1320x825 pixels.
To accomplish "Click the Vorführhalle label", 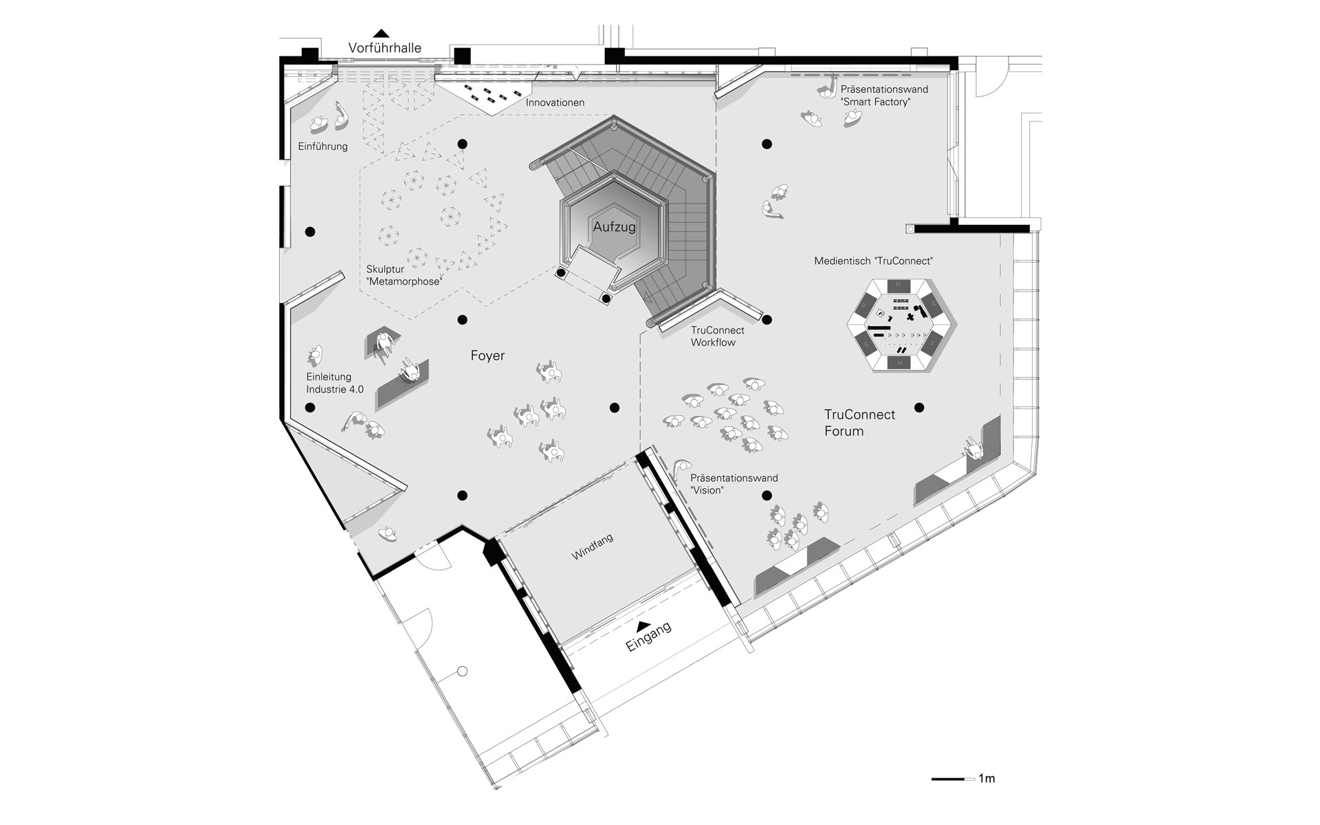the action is [x=384, y=48].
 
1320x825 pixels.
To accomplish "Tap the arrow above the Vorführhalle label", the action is [x=381, y=32].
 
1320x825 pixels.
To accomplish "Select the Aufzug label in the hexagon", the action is [x=614, y=227].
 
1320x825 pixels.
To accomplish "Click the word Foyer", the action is [x=487, y=355].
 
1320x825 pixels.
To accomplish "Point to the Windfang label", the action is [x=592, y=547].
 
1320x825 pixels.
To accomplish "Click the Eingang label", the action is [x=648, y=637].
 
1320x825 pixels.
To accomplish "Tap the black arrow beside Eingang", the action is [x=642, y=625].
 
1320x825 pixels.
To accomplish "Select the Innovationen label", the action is [x=555, y=102].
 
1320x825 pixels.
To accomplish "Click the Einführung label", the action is [x=322, y=146].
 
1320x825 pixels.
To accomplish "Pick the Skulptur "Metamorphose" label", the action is [x=404, y=275].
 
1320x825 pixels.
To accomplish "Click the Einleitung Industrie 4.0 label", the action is [x=335, y=383].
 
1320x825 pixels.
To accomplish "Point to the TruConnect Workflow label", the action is [x=717, y=336].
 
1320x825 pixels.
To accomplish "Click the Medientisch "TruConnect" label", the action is [x=873, y=261].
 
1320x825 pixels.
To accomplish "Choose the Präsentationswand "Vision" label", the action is [x=734, y=484].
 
